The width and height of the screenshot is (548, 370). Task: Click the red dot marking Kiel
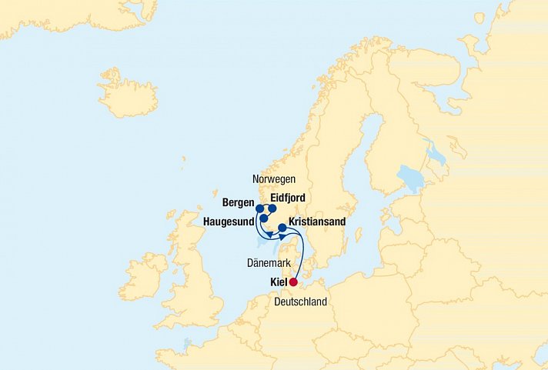[293, 282]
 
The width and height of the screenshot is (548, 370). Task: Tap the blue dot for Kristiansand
[282, 228]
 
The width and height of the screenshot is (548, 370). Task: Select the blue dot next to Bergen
[259, 208]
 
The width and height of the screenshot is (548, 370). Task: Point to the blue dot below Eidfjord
[272, 208]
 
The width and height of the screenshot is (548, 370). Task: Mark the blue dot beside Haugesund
[264, 218]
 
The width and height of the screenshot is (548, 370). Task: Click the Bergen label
[237, 203]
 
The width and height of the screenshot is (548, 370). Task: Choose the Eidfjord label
[288, 198]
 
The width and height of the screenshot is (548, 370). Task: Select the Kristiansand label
[317, 222]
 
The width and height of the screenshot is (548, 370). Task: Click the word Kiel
[279, 282]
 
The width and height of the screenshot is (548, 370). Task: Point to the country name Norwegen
[274, 178]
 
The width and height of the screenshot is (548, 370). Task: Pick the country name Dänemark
[268, 263]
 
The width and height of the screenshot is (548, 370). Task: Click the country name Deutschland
[301, 302]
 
